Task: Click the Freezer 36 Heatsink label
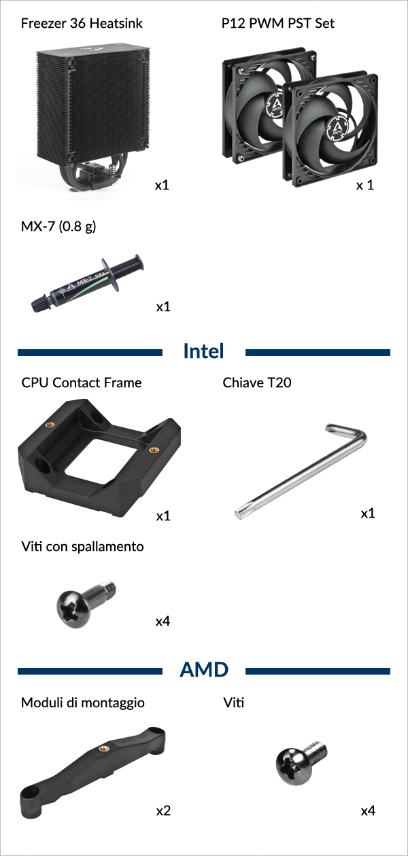(x=82, y=23)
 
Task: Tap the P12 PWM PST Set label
(x=277, y=23)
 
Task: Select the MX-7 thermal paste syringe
(x=88, y=283)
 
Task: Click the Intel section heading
(x=203, y=351)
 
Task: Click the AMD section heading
(x=204, y=669)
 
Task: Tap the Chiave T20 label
(x=257, y=382)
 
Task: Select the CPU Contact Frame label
(x=82, y=382)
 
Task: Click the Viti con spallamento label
(x=82, y=546)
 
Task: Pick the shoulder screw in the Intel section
(x=86, y=604)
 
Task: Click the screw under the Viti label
(x=301, y=763)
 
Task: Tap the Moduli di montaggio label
(x=83, y=702)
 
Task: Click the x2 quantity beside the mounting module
(x=163, y=810)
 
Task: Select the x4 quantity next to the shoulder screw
(x=163, y=621)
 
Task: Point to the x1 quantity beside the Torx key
(x=368, y=513)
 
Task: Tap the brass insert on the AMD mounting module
(x=103, y=748)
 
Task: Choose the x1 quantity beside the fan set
(x=364, y=185)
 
